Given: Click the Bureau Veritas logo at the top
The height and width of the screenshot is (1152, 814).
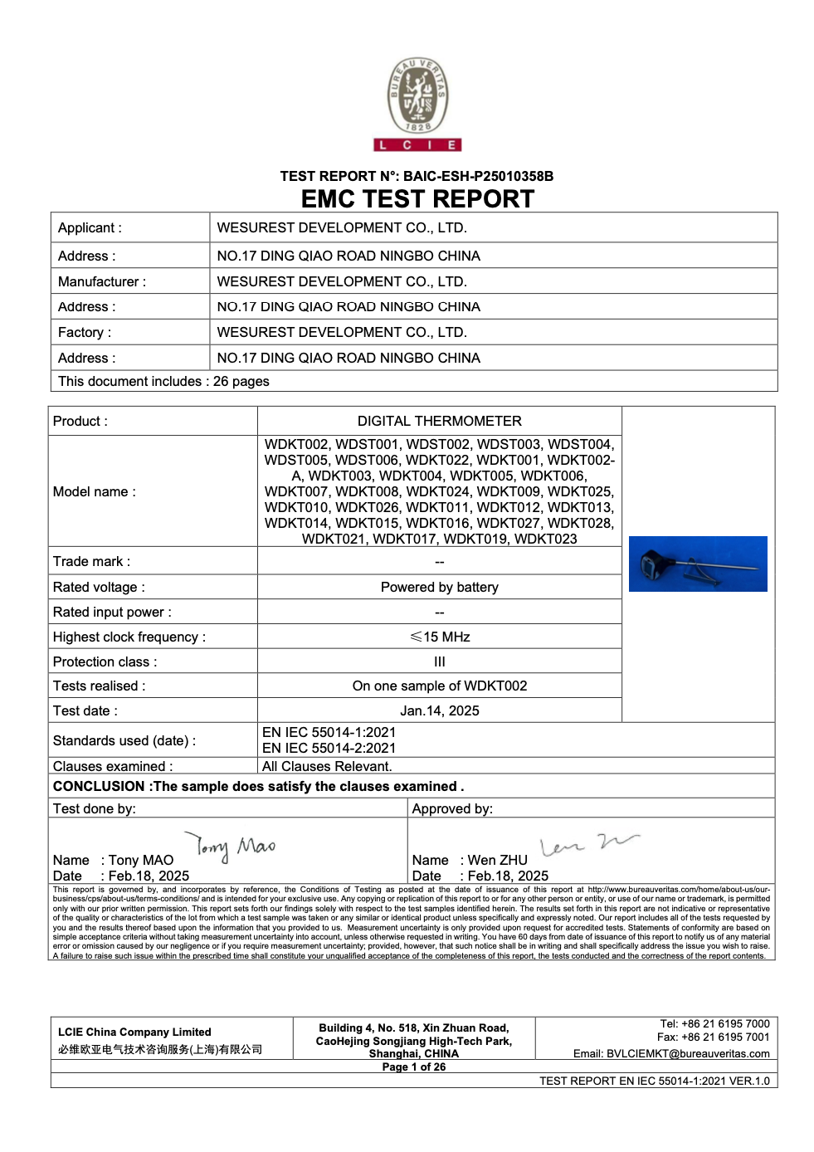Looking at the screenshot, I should (417, 103).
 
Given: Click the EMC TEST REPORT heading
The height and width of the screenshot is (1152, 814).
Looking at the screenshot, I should (417, 199).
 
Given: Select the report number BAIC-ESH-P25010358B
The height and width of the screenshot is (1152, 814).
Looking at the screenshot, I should (478, 176).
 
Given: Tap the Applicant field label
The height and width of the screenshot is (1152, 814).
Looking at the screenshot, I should (90, 227).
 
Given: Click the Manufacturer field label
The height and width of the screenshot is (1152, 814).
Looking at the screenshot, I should (101, 281).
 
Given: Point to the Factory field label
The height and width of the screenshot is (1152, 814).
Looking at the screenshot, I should (84, 332).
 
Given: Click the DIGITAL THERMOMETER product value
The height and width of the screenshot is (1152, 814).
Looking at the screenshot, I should (439, 421).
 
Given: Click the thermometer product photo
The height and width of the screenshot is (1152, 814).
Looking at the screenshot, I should (697, 564).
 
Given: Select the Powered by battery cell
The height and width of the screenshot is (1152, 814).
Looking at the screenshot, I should (439, 587).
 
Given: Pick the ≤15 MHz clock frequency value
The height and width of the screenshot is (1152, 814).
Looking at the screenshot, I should (439, 637).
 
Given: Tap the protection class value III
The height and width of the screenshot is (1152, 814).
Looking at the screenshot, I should (439, 661).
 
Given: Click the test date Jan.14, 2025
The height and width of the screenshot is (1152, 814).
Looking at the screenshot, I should (439, 710).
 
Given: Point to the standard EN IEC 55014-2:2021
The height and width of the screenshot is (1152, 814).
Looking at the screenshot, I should (329, 748).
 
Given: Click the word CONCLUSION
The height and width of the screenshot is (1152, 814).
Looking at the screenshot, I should (99, 786).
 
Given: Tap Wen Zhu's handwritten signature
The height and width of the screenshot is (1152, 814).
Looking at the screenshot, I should (588, 845).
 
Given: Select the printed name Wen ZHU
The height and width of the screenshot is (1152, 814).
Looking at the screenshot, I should (497, 860).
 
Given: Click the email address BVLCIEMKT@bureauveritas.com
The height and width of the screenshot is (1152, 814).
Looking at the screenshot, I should (687, 1053).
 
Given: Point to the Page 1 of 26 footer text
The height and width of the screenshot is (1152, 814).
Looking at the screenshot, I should (413, 1067).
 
